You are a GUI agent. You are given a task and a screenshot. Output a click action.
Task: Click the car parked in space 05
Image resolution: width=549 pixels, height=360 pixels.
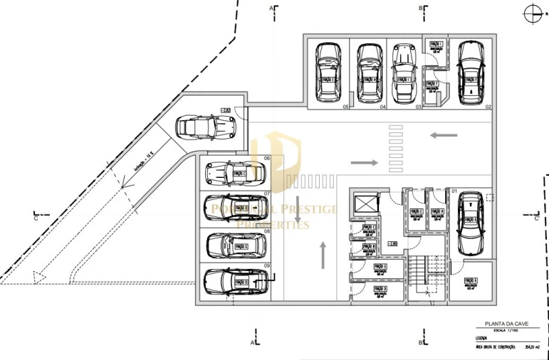[x=328, y=72]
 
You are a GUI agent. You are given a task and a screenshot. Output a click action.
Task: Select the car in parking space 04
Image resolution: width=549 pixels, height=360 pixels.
[x=368, y=72]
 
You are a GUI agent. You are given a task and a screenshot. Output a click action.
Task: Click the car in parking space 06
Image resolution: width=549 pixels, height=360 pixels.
[x=235, y=172]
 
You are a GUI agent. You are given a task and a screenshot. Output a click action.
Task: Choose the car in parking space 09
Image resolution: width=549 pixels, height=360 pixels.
[x=236, y=282]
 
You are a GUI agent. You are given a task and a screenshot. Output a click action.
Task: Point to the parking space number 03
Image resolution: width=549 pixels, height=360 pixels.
[x=419, y=107]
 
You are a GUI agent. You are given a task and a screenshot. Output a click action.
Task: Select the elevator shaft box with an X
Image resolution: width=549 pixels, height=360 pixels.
[x=365, y=204]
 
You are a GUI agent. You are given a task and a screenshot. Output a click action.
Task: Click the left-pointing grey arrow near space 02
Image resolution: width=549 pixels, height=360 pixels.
[x=444, y=134]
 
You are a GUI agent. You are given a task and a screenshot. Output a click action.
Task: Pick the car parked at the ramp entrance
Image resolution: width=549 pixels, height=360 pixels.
[x=206, y=127]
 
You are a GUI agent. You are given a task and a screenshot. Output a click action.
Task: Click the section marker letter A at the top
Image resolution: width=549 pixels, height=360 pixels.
[x=271, y=8]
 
